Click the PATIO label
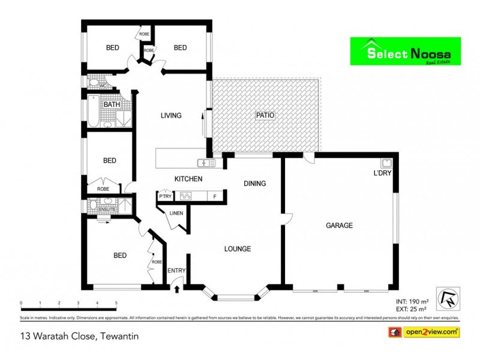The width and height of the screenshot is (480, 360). pos(265,116)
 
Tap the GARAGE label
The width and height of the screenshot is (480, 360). pos(339,226)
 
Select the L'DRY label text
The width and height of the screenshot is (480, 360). pos(382,174)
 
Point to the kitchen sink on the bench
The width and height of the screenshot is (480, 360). pos(208,163)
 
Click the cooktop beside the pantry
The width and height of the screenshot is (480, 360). pos(185,195)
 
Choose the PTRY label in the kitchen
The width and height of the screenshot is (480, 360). pos(165,195)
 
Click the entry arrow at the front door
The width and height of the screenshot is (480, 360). pos(177,289)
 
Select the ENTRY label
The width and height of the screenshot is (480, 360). pos(177,271)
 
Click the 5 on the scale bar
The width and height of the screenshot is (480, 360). pos(116,304)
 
